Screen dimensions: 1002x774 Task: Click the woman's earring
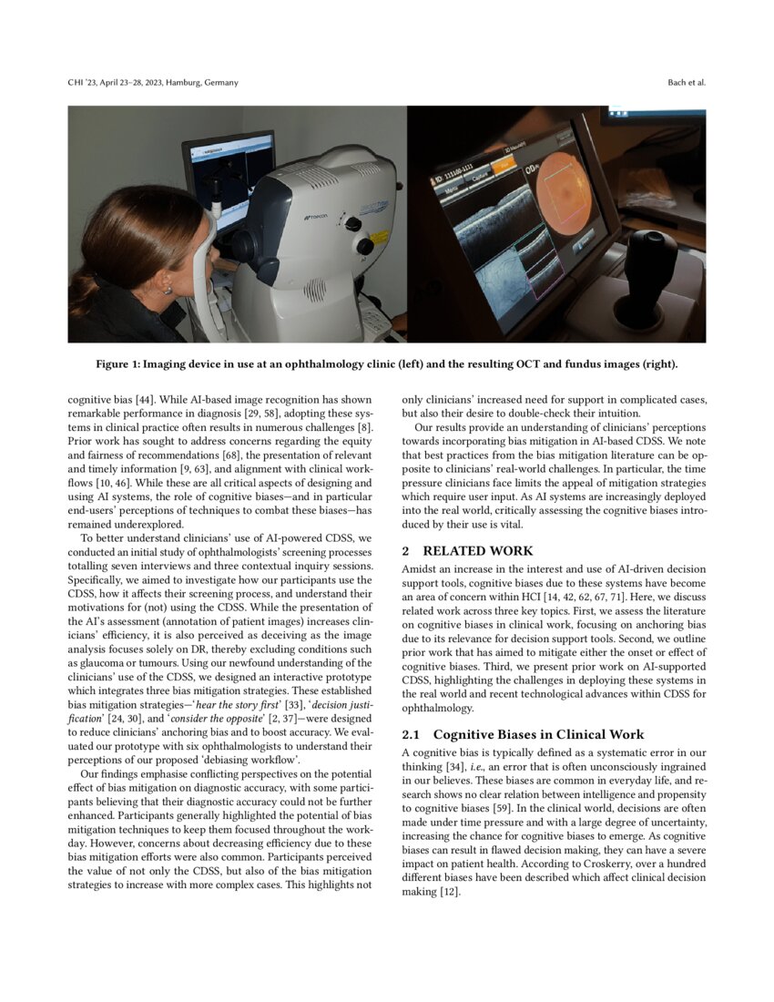pos(167,291)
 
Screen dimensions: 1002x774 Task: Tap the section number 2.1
pos(412,734)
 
